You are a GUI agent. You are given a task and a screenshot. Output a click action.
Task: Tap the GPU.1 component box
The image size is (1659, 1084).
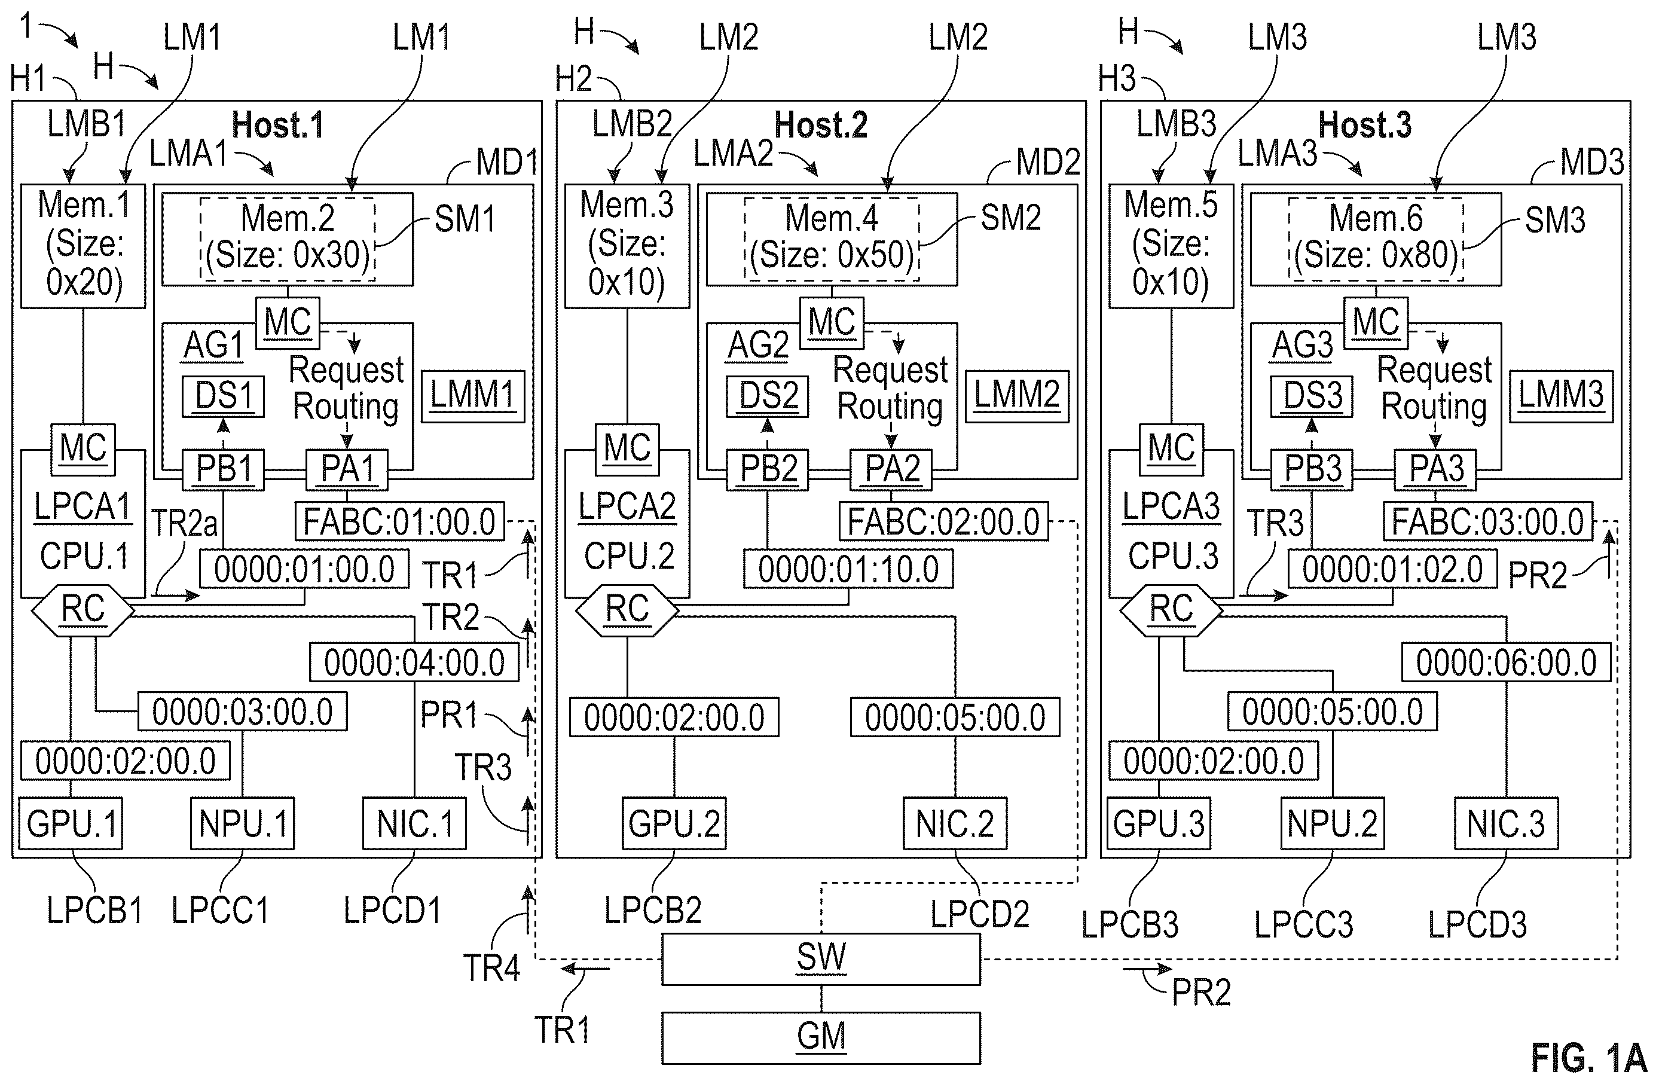71,823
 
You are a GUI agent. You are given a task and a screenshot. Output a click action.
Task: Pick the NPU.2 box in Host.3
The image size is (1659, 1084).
1332,823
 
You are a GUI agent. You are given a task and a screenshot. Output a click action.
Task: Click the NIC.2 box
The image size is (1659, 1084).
955,823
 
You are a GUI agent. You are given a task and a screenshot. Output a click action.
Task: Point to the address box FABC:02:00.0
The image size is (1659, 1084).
943,521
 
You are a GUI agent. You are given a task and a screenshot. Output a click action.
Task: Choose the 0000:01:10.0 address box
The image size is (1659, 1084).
848,569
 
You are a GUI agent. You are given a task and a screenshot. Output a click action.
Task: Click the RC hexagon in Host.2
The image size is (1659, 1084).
627,610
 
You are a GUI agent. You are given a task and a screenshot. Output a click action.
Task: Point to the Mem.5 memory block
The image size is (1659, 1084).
1171,245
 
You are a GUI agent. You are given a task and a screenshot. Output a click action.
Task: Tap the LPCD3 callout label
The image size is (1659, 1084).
1477,925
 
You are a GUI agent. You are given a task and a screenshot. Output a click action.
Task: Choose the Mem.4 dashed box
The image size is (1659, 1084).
832,239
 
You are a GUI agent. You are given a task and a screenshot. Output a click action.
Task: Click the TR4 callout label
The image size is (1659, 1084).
491,968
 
